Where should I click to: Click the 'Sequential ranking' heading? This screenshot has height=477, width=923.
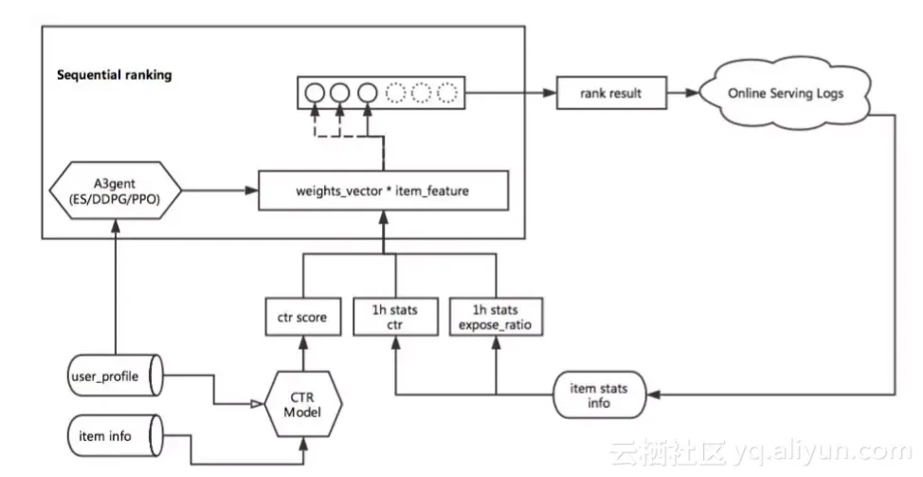pyautogui.click(x=114, y=75)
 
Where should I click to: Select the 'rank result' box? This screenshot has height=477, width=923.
pyautogui.click(x=611, y=94)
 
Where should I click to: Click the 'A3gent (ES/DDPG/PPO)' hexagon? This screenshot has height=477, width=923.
pyautogui.click(x=114, y=192)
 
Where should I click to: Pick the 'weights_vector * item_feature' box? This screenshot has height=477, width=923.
pyautogui.click(x=383, y=192)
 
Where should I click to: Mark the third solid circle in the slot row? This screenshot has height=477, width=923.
pyautogui.click(x=367, y=94)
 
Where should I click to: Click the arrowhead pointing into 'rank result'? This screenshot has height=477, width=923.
pyautogui.click(x=548, y=94)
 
